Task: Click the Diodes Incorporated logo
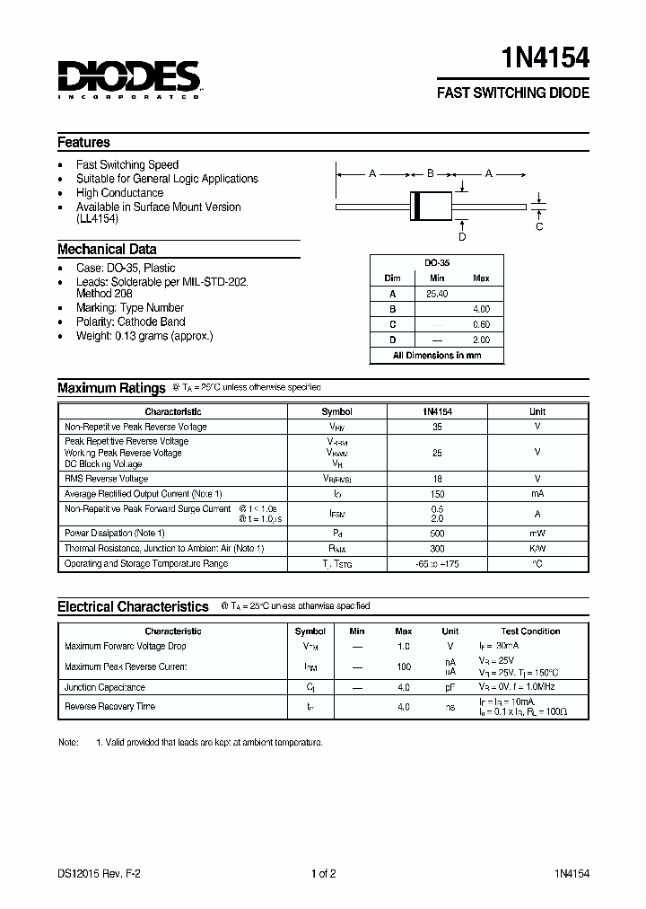tap(129, 79)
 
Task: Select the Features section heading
tap(83, 142)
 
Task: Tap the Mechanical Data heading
tap(107, 250)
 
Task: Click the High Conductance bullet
tap(119, 193)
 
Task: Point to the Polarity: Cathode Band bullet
tap(130, 322)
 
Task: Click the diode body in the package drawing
tap(431, 206)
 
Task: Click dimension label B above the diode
tap(431, 173)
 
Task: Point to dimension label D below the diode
tap(462, 237)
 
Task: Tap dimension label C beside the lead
tap(539, 226)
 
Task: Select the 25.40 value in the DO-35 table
tap(437, 294)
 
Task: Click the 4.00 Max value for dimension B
tap(481, 309)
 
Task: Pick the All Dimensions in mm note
tap(437, 356)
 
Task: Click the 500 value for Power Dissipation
tap(437, 534)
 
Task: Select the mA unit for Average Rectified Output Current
tap(537, 494)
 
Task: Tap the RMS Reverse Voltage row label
tap(107, 480)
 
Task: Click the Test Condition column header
tap(530, 631)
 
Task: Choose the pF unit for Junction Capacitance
tap(450, 687)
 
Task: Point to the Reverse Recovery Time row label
tap(109, 707)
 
